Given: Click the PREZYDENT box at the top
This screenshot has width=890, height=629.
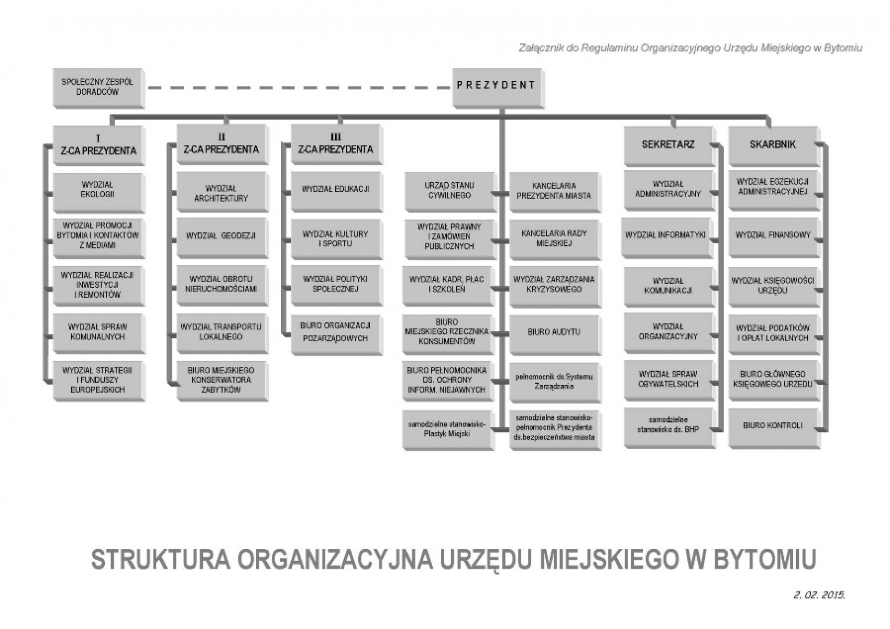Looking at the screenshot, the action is click(x=498, y=88).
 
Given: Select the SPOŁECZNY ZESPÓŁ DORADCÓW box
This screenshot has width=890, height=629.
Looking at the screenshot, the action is click(x=98, y=88).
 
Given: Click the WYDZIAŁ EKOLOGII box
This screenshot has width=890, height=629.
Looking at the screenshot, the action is click(x=98, y=192).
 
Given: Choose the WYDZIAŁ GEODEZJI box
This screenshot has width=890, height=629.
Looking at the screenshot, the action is click(x=222, y=237).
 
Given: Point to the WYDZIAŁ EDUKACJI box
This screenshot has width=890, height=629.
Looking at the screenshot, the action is click(x=336, y=191).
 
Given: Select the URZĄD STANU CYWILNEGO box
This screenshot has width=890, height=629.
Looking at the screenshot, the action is click(x=451, y=192).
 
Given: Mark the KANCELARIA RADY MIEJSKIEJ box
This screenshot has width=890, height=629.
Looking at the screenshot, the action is click(x=555, y=240).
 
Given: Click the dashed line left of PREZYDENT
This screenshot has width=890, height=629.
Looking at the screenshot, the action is click(x=299, y=88).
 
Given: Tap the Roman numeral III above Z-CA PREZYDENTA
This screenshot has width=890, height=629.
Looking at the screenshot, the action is click(x=336, y=137).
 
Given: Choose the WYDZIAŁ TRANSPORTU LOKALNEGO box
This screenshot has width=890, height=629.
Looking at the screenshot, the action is click(x=222, y=333).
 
